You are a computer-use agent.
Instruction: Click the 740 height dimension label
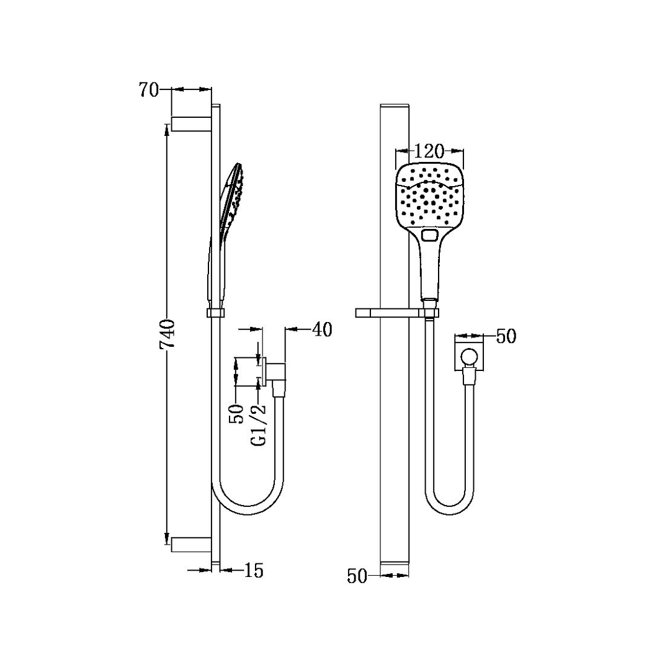(x=168, y=336)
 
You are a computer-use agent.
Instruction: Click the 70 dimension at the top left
(x=149, y=91)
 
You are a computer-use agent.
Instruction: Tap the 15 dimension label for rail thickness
(x=254, y=570)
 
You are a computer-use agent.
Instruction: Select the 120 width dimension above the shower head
(x=429, y=151)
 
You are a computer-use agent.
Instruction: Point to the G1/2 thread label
(x=259, y=424)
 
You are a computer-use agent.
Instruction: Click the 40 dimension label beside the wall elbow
(x=322, y=329)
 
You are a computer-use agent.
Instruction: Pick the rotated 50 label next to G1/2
(x=236, y=413)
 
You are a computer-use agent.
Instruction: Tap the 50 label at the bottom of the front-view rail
(x=357, y=576)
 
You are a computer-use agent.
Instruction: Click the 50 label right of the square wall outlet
(x=506, y=336)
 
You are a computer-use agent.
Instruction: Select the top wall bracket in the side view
(x=192, y=123)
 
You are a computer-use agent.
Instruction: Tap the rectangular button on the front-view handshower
(x=429, y=235)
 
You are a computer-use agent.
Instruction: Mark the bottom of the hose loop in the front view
(x=451, y=512)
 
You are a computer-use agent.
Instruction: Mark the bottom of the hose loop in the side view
(x=248, y=514)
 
